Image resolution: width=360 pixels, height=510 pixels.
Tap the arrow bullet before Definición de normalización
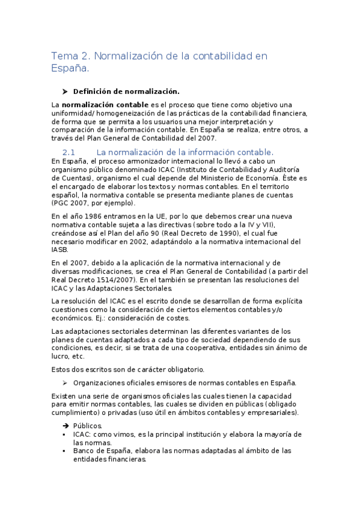pyautogui.click(x=65, y=91)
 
